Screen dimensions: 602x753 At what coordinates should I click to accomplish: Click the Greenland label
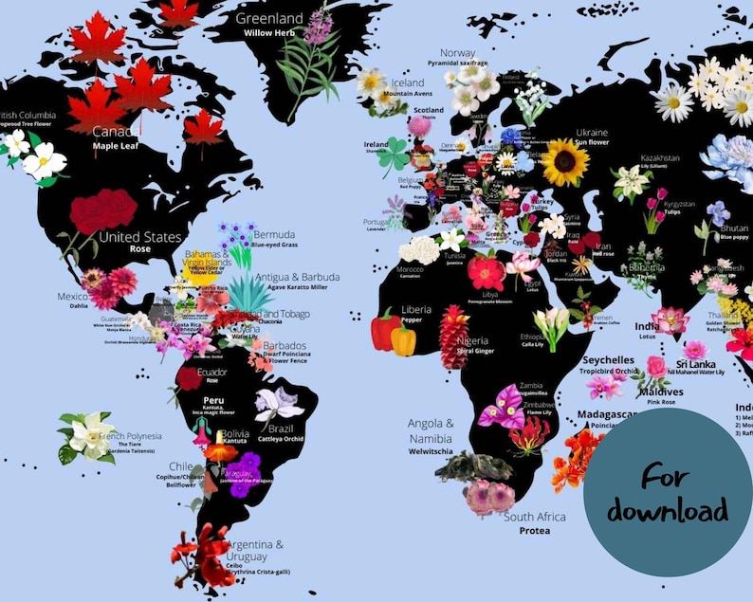click(269, 18)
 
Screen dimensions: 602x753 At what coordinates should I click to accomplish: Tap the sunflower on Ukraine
click(565, 162)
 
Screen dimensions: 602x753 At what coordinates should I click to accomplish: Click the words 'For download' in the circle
click(668, 493)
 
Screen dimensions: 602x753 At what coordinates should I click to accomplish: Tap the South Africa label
click(534, 517)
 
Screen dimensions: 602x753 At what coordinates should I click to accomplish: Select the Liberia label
click(416, 309)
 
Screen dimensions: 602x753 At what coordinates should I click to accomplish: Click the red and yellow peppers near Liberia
click(392, 333)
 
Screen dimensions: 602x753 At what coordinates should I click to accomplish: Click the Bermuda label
click(276, 234)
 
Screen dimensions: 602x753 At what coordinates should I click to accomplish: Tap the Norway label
click(457, 53)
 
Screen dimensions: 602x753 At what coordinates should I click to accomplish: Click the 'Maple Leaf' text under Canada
click(117, 147)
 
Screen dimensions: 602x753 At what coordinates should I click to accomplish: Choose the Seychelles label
click(608, 360)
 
